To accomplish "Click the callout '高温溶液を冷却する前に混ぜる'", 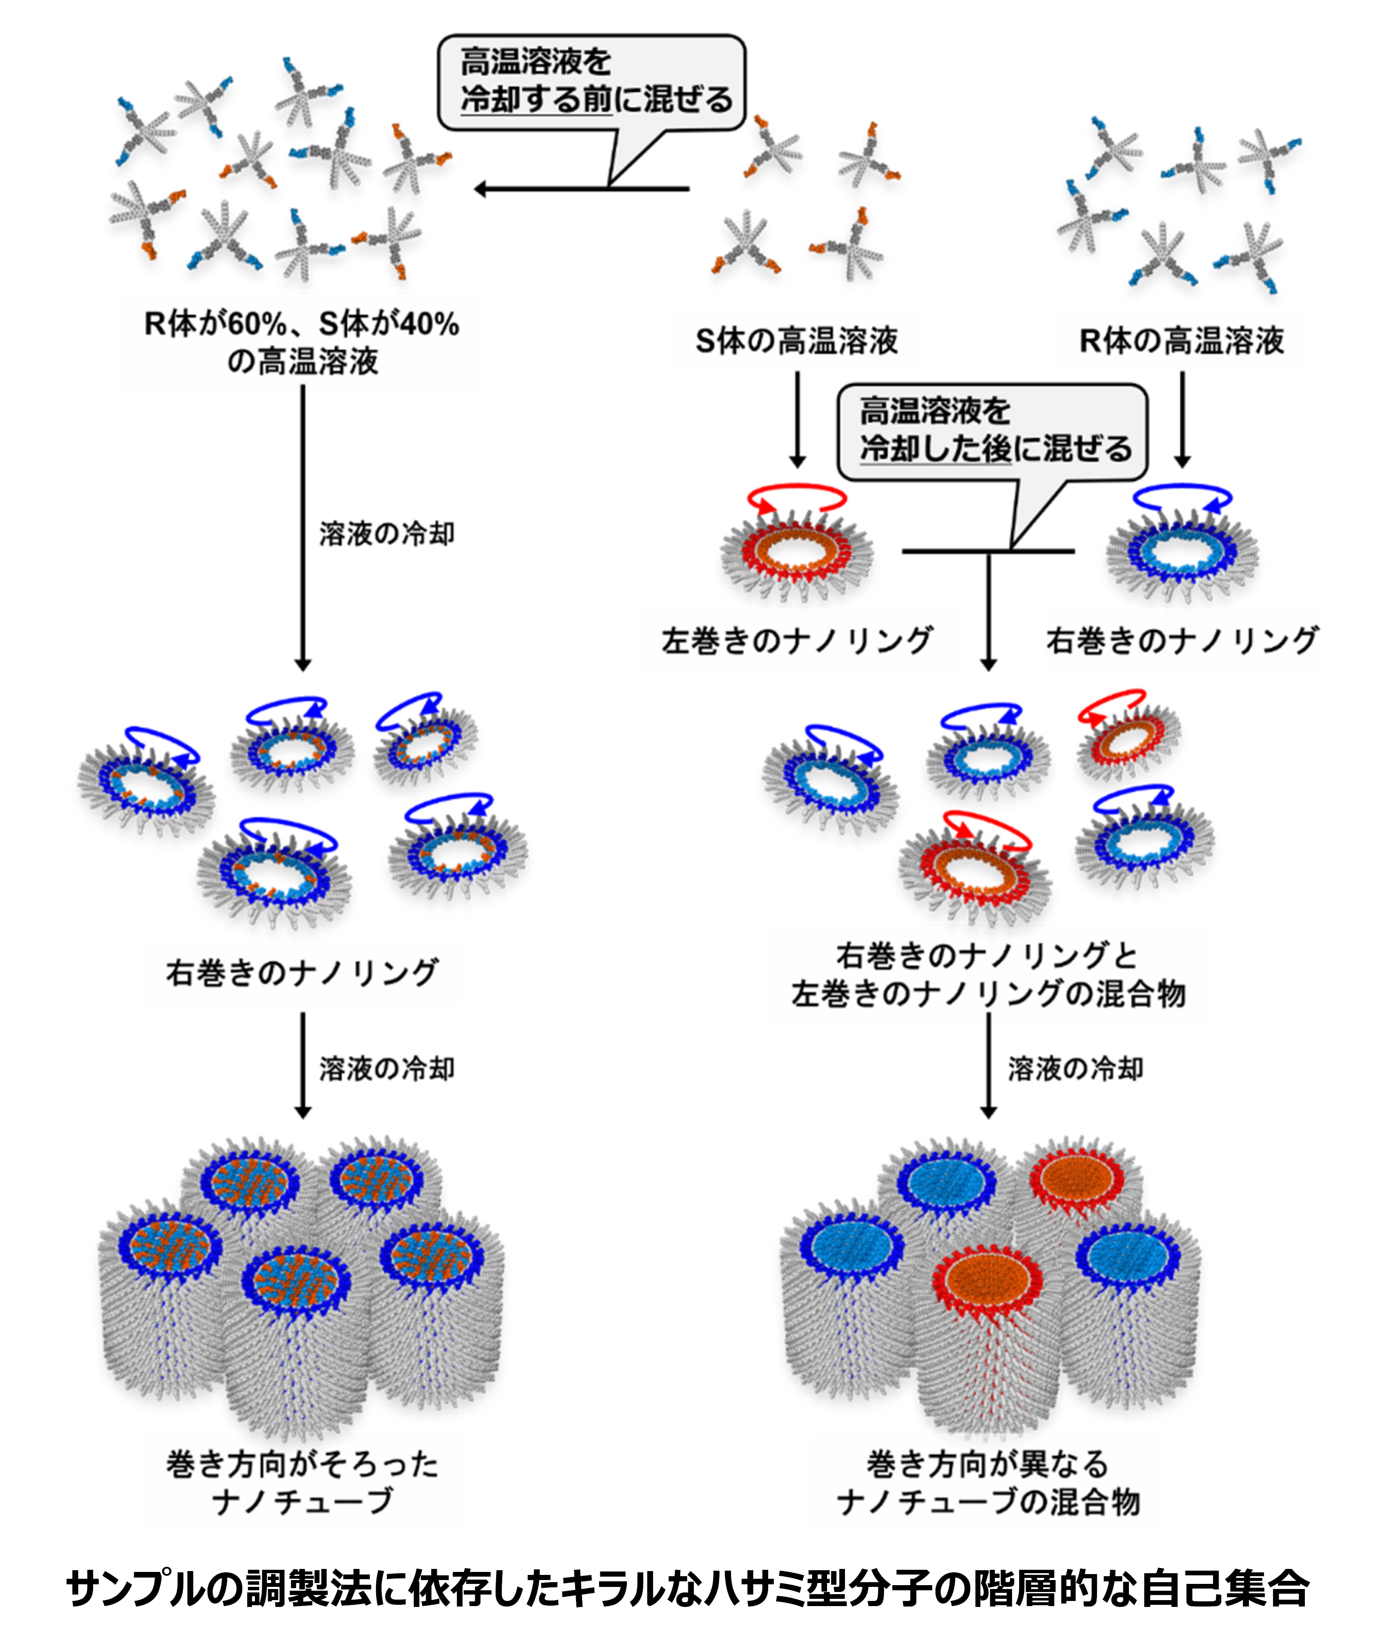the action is click(591, 82).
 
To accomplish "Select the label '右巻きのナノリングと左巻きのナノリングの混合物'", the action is click(988, 974).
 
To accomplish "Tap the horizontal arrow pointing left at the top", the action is click(582, 189).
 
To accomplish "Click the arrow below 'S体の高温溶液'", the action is click(797, 419).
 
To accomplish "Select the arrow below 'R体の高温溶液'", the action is click(1182, 419).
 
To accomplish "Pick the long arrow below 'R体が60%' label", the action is click(303, 529).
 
